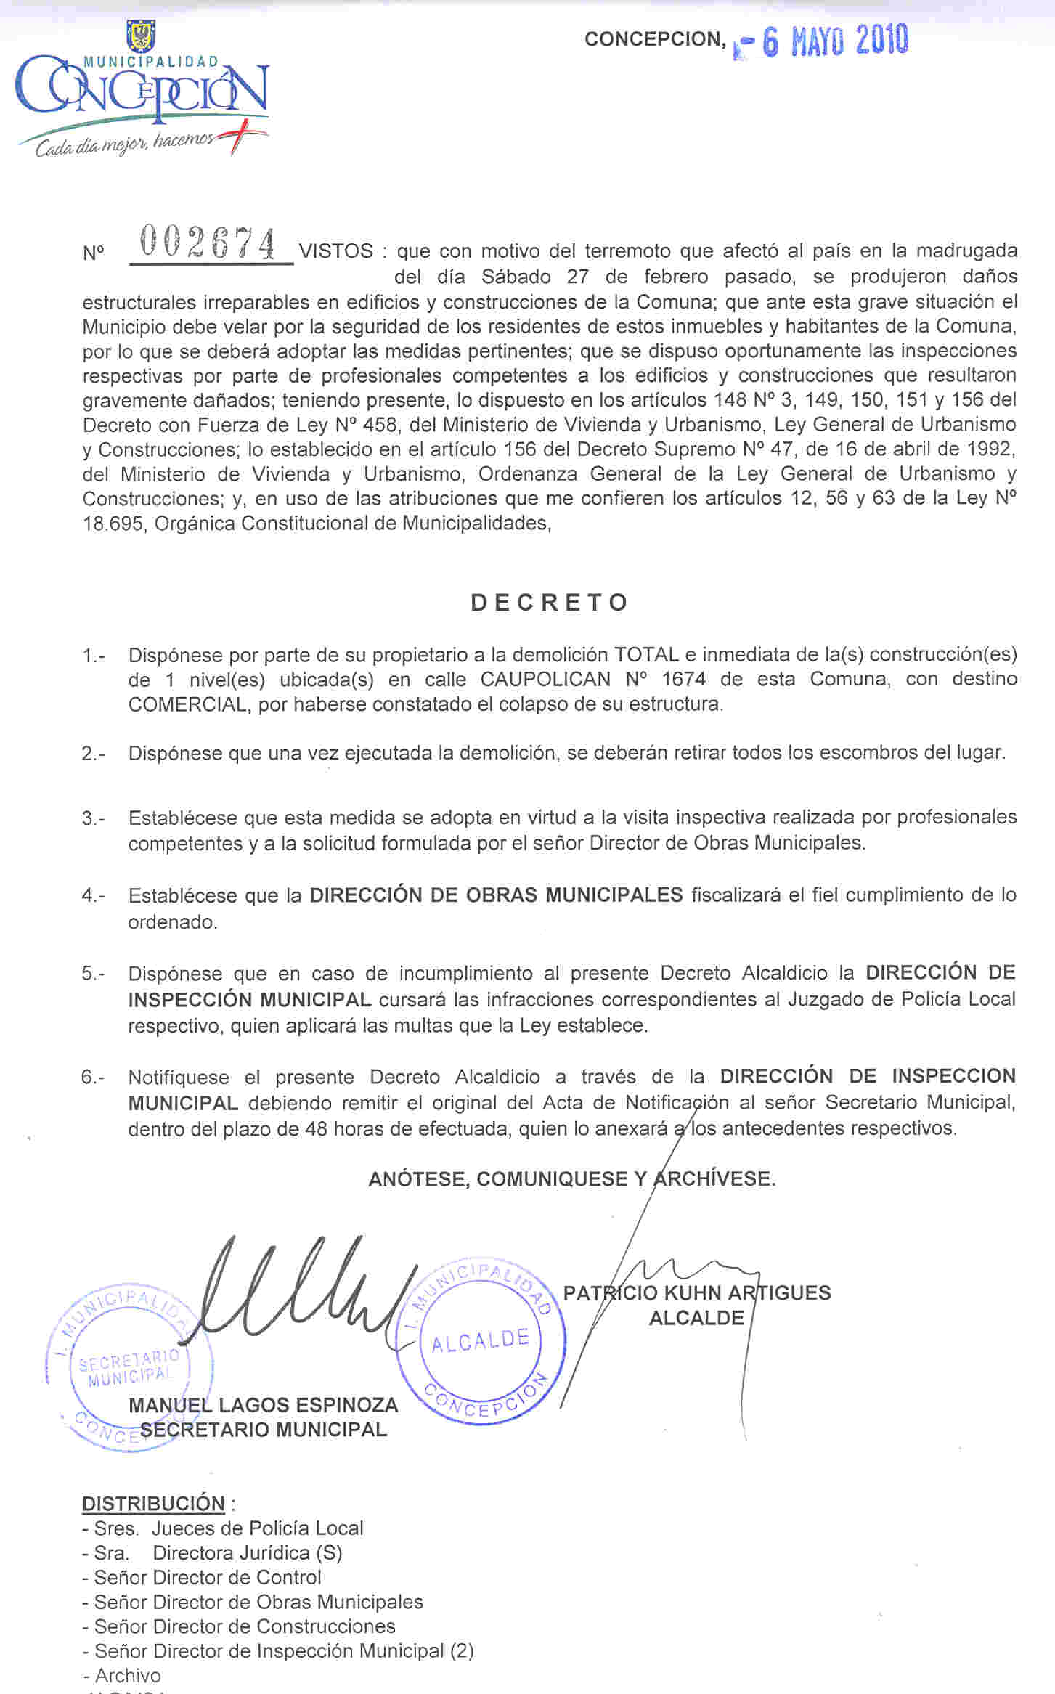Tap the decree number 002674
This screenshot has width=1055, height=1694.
pos(209,243)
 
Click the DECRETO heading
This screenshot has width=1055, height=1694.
pos(550,603)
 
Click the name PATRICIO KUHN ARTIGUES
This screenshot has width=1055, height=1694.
pos(696,1292)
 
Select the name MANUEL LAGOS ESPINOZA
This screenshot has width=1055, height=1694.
pos(263,1405)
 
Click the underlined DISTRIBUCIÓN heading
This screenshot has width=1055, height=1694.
pos(153,1503)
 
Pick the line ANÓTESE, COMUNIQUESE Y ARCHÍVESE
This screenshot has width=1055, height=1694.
pos(572,1178)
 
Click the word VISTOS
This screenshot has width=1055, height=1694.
pos(336,251)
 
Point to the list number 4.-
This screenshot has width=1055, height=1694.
pos(93,896)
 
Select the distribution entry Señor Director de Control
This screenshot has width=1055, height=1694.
pos(208,1577)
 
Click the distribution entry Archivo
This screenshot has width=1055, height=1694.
pos(128,1675)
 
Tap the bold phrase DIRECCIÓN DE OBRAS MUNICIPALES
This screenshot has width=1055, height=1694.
pos(496,895)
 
